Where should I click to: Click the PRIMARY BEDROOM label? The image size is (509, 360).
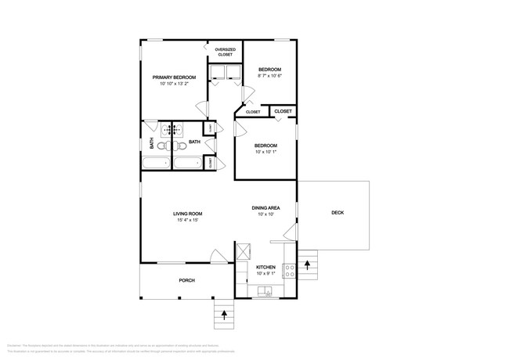coord(174,77)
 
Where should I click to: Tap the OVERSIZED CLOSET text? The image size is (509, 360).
coord(226,52)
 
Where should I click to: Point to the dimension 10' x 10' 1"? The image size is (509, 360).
coord(265,152)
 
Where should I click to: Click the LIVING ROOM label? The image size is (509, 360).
coord(188,214)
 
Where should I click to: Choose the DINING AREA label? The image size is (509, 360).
coord(265,207)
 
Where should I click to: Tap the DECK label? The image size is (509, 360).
coord(338,213)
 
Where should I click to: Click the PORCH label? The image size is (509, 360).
coord(186,280)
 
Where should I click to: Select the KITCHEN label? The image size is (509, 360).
coord(265,267)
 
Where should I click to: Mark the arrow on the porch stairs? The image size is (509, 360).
coord(226,316)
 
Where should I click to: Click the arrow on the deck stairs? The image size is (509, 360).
coord(308,264)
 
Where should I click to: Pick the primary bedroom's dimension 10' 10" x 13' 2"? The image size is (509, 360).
coord(174,84)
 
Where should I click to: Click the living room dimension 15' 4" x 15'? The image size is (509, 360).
coord(188,221)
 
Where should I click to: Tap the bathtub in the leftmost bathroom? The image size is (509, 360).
coord(156,164)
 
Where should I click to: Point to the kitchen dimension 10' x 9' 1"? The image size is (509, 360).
coord(265,274)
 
